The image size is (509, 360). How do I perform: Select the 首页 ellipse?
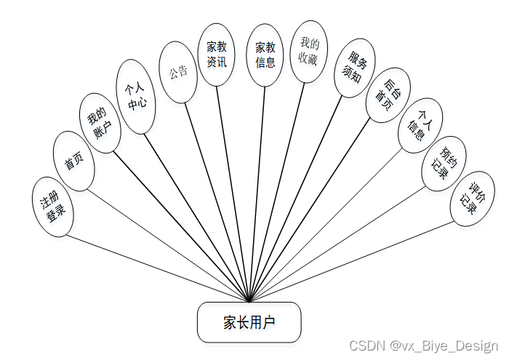pos(74,161)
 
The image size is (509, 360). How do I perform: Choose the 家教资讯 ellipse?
pos(217,55)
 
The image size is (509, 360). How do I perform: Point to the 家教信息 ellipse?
pos(265,55)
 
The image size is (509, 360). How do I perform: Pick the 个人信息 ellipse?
pos(421,124)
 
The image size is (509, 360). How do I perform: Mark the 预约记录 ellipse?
pos(444,163)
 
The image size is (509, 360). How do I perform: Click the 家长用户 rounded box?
pos(249,321)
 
